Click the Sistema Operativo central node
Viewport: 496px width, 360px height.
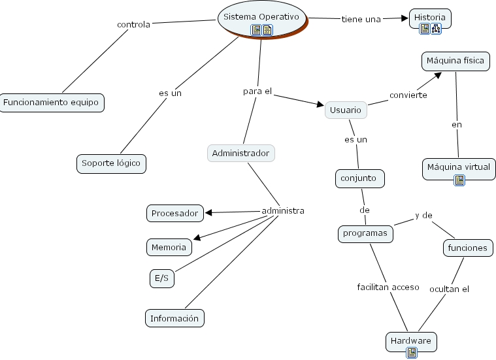(x=261, y=16)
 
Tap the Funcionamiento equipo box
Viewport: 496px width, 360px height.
(x=52, y=103)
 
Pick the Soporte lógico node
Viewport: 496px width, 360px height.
(x=111, y=163)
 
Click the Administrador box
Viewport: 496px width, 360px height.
(x=240, y=154)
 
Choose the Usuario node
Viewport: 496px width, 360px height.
(x=346, y=110)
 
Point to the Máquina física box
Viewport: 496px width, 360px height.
(x=455, y=61)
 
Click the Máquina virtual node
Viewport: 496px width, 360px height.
(x=458, y=167)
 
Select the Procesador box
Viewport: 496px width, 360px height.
(x=174, y=213)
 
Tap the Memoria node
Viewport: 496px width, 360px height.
(x=169, y=247)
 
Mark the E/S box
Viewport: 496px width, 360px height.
(x=161, y=279)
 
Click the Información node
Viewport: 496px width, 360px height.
(x=174, y=319)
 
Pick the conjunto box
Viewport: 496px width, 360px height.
(x=359, y=178)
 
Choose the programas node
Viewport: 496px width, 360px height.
(x=365, y=233)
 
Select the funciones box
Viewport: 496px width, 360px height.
(x=467, y=248)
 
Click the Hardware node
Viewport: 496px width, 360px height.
(x=411, y=341)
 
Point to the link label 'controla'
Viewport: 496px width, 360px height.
(x=133, y=25)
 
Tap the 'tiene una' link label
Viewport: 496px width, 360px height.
(x=361, y=19)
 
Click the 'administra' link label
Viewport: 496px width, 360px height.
(x=283, y=211)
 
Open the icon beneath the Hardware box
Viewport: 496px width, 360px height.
(x=412, y=353)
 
